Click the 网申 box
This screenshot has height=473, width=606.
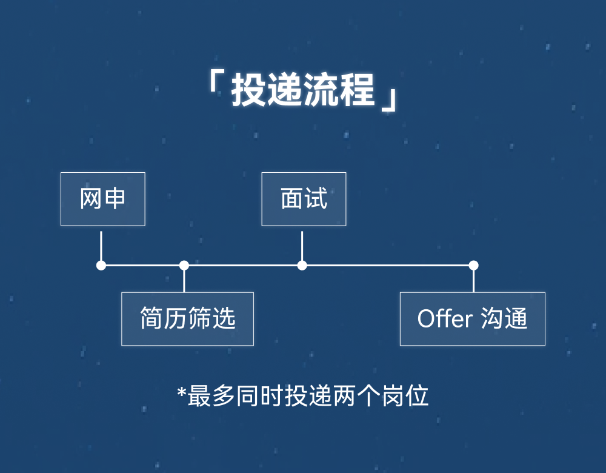[x=102, y=199]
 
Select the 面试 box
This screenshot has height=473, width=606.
[x=304, y=199]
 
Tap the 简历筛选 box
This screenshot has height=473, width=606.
[x=187, y=319]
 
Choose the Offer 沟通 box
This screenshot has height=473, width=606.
[x=472, y=319]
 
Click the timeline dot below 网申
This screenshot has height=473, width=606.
[x=101, y=265]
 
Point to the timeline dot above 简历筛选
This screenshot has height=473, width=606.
[x=184, y=265]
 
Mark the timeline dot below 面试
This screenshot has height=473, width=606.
[x=302, y=265]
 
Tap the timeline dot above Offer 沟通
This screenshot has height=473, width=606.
[x=473, y=265]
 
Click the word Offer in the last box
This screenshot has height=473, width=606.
[x=444, y=318]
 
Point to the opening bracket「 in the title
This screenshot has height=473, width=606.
[x=214, y=85]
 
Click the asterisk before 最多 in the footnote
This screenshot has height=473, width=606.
[x=181, y=393]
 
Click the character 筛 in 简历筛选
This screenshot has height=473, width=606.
[x=199, y=319]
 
